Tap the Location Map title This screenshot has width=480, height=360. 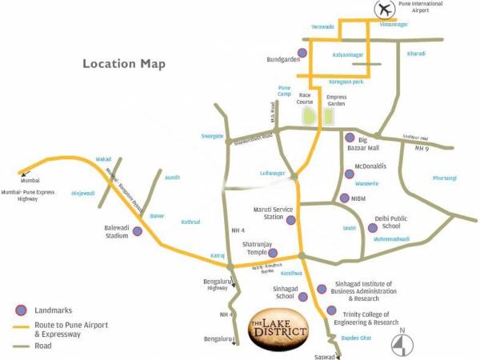click(123, 64)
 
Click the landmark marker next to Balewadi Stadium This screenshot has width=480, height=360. click(138, 231)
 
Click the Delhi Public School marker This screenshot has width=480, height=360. click(372, 228)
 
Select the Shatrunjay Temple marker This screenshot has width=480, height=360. click(273, 253)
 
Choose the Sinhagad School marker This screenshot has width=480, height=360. click(303, 297)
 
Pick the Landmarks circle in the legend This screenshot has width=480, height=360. click(21, 310)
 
